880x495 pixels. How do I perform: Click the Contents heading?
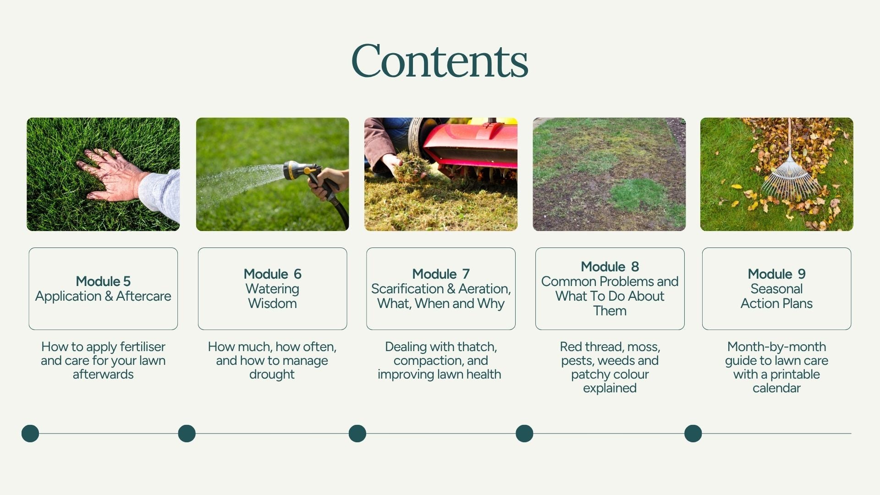tap(440, 61)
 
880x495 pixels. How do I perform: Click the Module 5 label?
tap(103, 281)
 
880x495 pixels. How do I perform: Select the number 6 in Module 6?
tap(297, 274)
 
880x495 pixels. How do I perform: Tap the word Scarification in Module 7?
tap(407, 289)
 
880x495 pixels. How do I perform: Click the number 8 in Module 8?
tap(635, 267)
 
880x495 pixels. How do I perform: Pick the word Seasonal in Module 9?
tap(776, 289)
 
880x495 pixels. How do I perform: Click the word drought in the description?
tap(272, 374)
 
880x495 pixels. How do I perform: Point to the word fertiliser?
tap(143, 346)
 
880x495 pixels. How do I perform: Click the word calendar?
tap(776, 388)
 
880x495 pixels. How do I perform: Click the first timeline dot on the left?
tap(30, 434)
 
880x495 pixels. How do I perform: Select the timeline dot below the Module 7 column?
tap(357, 434)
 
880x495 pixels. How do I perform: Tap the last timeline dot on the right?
tap(693, 434)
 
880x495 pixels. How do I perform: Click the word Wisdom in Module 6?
tap(272, 303)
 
